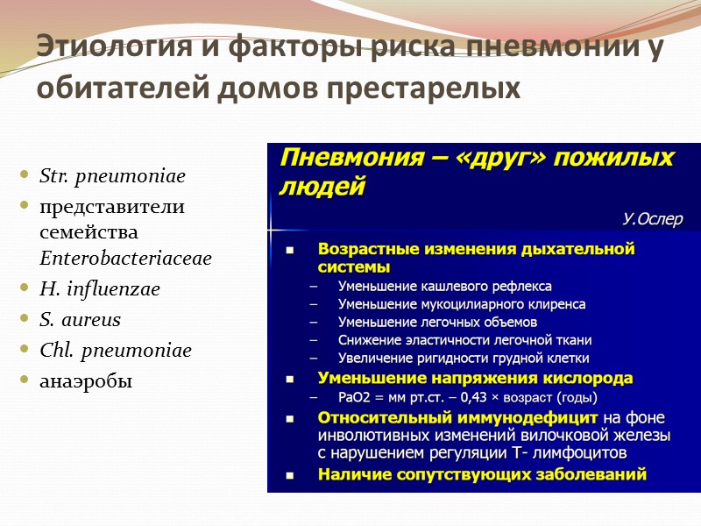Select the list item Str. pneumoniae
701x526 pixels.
coord(113,176)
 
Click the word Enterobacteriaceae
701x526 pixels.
coord(126,259)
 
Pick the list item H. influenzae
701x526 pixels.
coord(100,289)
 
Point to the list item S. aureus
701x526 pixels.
coord(81,320)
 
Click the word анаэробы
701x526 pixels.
coord(86,381)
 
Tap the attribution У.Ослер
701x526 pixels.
coord(652,219)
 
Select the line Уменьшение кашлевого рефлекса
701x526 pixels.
coord(445,286)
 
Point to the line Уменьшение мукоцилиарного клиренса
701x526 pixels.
coord(462,304)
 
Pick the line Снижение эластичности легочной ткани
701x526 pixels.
coord(464,340)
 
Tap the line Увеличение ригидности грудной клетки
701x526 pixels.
coord(464,358)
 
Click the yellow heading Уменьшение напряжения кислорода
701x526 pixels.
coord(475,378)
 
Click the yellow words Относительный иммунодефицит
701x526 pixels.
coord(457,416)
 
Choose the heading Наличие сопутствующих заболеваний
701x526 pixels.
coord(482,474)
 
